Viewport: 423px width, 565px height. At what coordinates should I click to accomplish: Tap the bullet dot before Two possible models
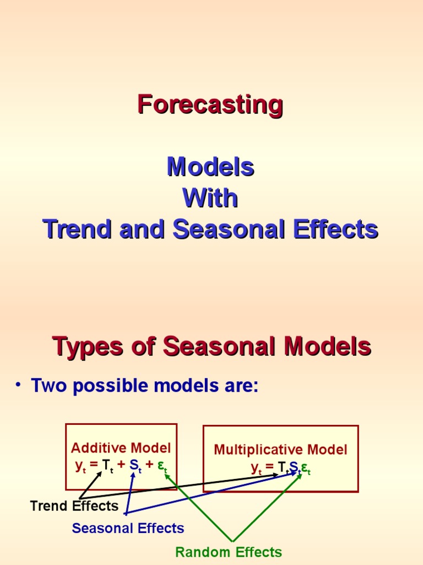coord(19,385)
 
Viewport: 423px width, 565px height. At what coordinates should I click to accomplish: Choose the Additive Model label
coord(121,448)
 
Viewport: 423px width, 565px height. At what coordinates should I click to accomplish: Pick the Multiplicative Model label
coord(280,450)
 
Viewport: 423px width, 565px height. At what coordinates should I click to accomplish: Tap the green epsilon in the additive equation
coord(161,465)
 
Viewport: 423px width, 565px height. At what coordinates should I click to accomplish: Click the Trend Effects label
coord(74,506)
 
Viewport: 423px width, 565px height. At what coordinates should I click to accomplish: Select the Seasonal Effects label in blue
coord(128,528)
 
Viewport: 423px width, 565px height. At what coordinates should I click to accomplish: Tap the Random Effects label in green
coord(228,552)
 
